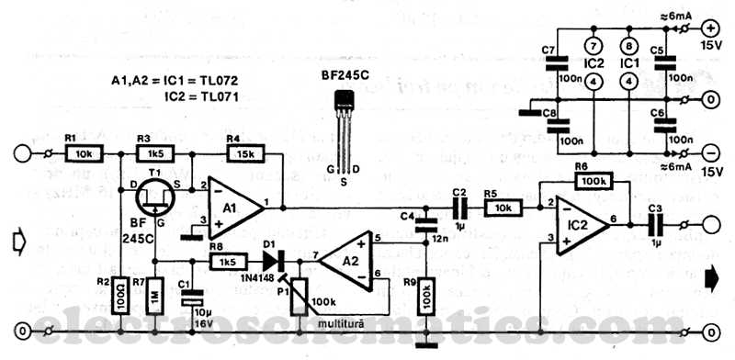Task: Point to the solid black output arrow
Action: tap(712, 273)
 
